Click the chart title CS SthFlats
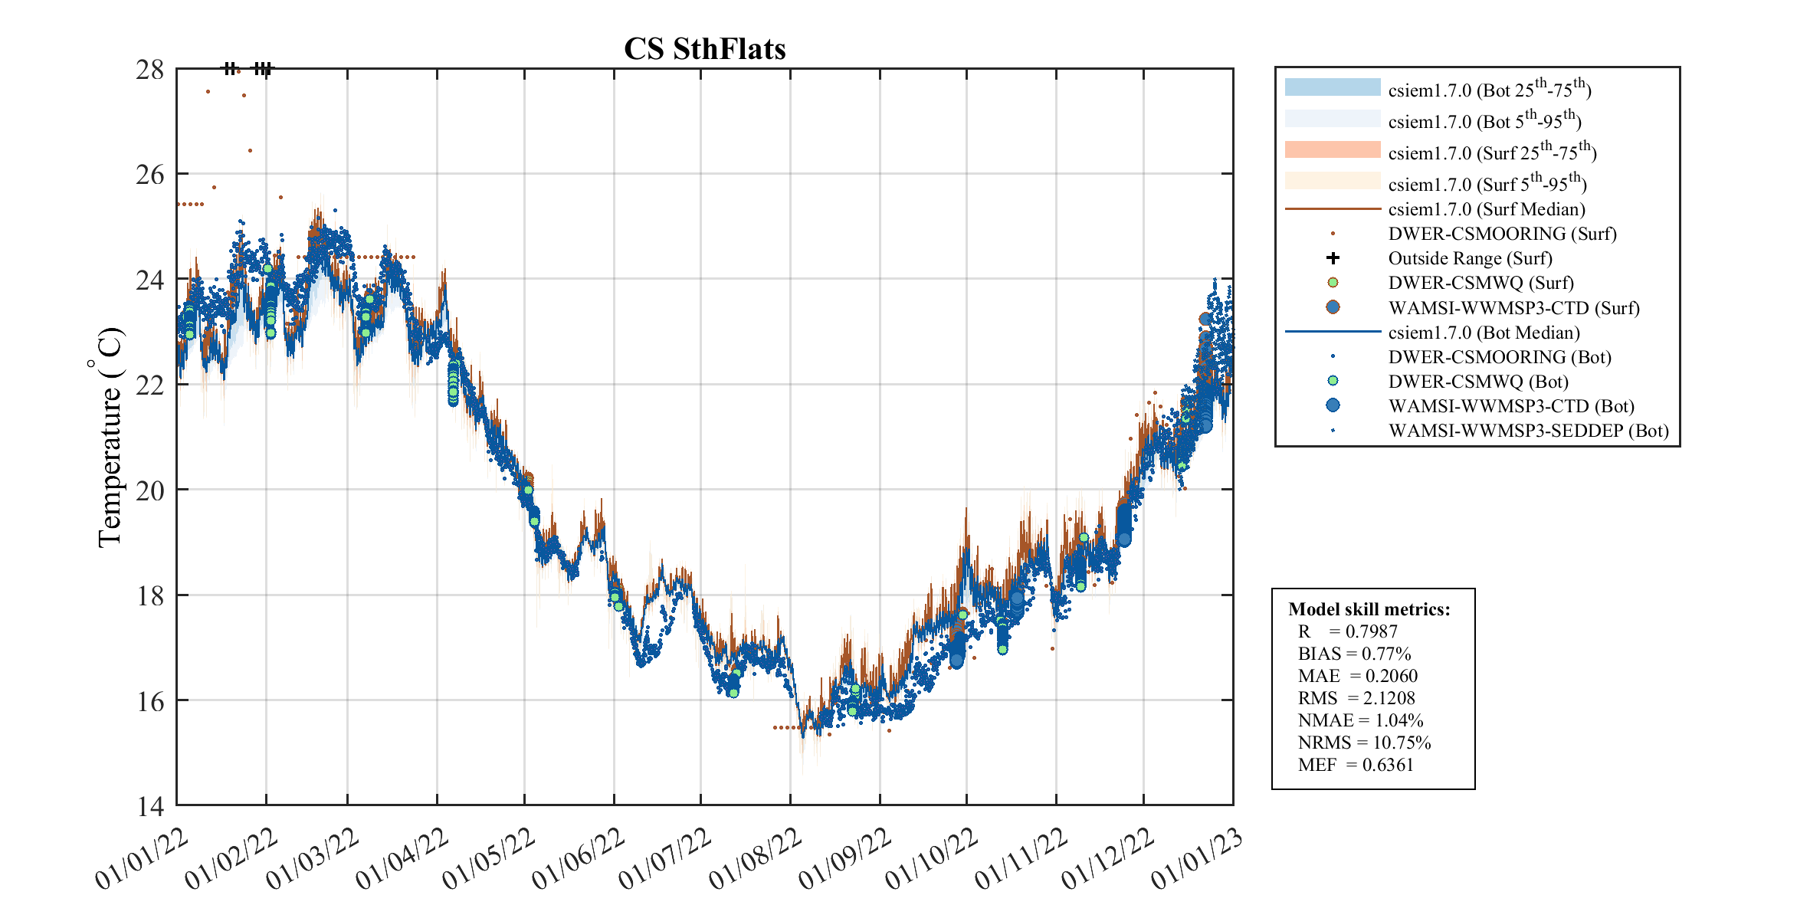pyautogui.click(x=704, y=49)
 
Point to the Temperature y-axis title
pyautogui.click(x=110, y=437)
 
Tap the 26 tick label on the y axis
pyautogui.click(x=150, y=175)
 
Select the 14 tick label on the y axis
pyautogui.click(x=150, y=806)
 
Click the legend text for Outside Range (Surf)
pyautogui.click(x=1470, y=259)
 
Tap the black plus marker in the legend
pyautogui.click(x=1333, y=258)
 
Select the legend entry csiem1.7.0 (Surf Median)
pyautogui.click(x=1486, y=209)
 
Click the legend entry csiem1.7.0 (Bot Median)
pyautogui.click(x=1484, y=333)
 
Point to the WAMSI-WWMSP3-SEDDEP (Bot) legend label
pyautogui.click(x=1528, y=431)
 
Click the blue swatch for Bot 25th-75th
pyautogui.click(x=1332, y=87)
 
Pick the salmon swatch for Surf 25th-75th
pyautogui.click(x=1332, y=150)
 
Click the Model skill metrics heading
pyautogui.click(x=1369, y=609)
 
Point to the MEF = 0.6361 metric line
pyautogui.click(x=1355, y=765)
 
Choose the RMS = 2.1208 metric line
pyautogui.click(x=1356, y=698)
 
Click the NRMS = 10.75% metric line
pyautogui.click(x=1364, y=743)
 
